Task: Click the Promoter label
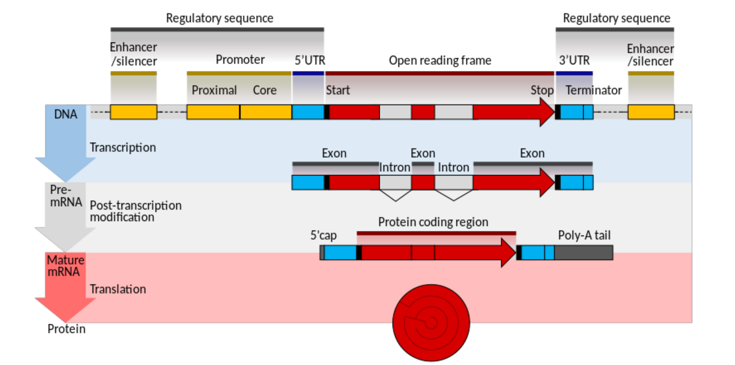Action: click(240, 60)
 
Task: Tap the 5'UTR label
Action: click(310, 60)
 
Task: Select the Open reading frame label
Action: click(440, 61)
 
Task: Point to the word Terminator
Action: click(593, 90)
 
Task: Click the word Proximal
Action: click(214, 90)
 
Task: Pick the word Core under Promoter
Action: click(264, 90)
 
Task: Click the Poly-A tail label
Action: click(584, 235)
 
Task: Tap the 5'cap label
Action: click(323, 236)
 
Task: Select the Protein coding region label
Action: click(433, 222)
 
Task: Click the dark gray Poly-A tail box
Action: click(584, 253)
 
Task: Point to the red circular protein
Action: click(431, 323)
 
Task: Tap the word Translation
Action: click(118, 289)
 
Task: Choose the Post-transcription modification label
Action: click(136, 211)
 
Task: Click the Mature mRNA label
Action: click(65, 266)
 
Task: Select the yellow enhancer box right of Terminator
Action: click(651, 112)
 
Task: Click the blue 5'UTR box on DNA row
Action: click(308, 112)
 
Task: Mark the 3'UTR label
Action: click(574, 61)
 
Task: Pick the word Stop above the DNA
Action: click(542, 90)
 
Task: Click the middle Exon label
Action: click(423, 153)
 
